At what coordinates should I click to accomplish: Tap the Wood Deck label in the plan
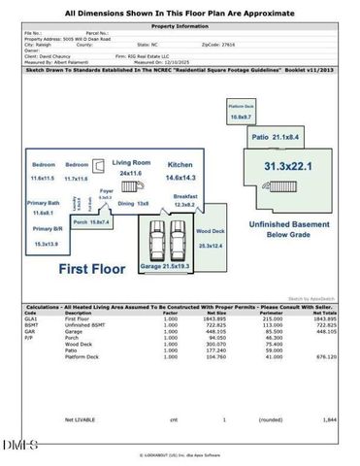[x=210, y=232]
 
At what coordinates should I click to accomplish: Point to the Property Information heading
[x=180, y=27]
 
